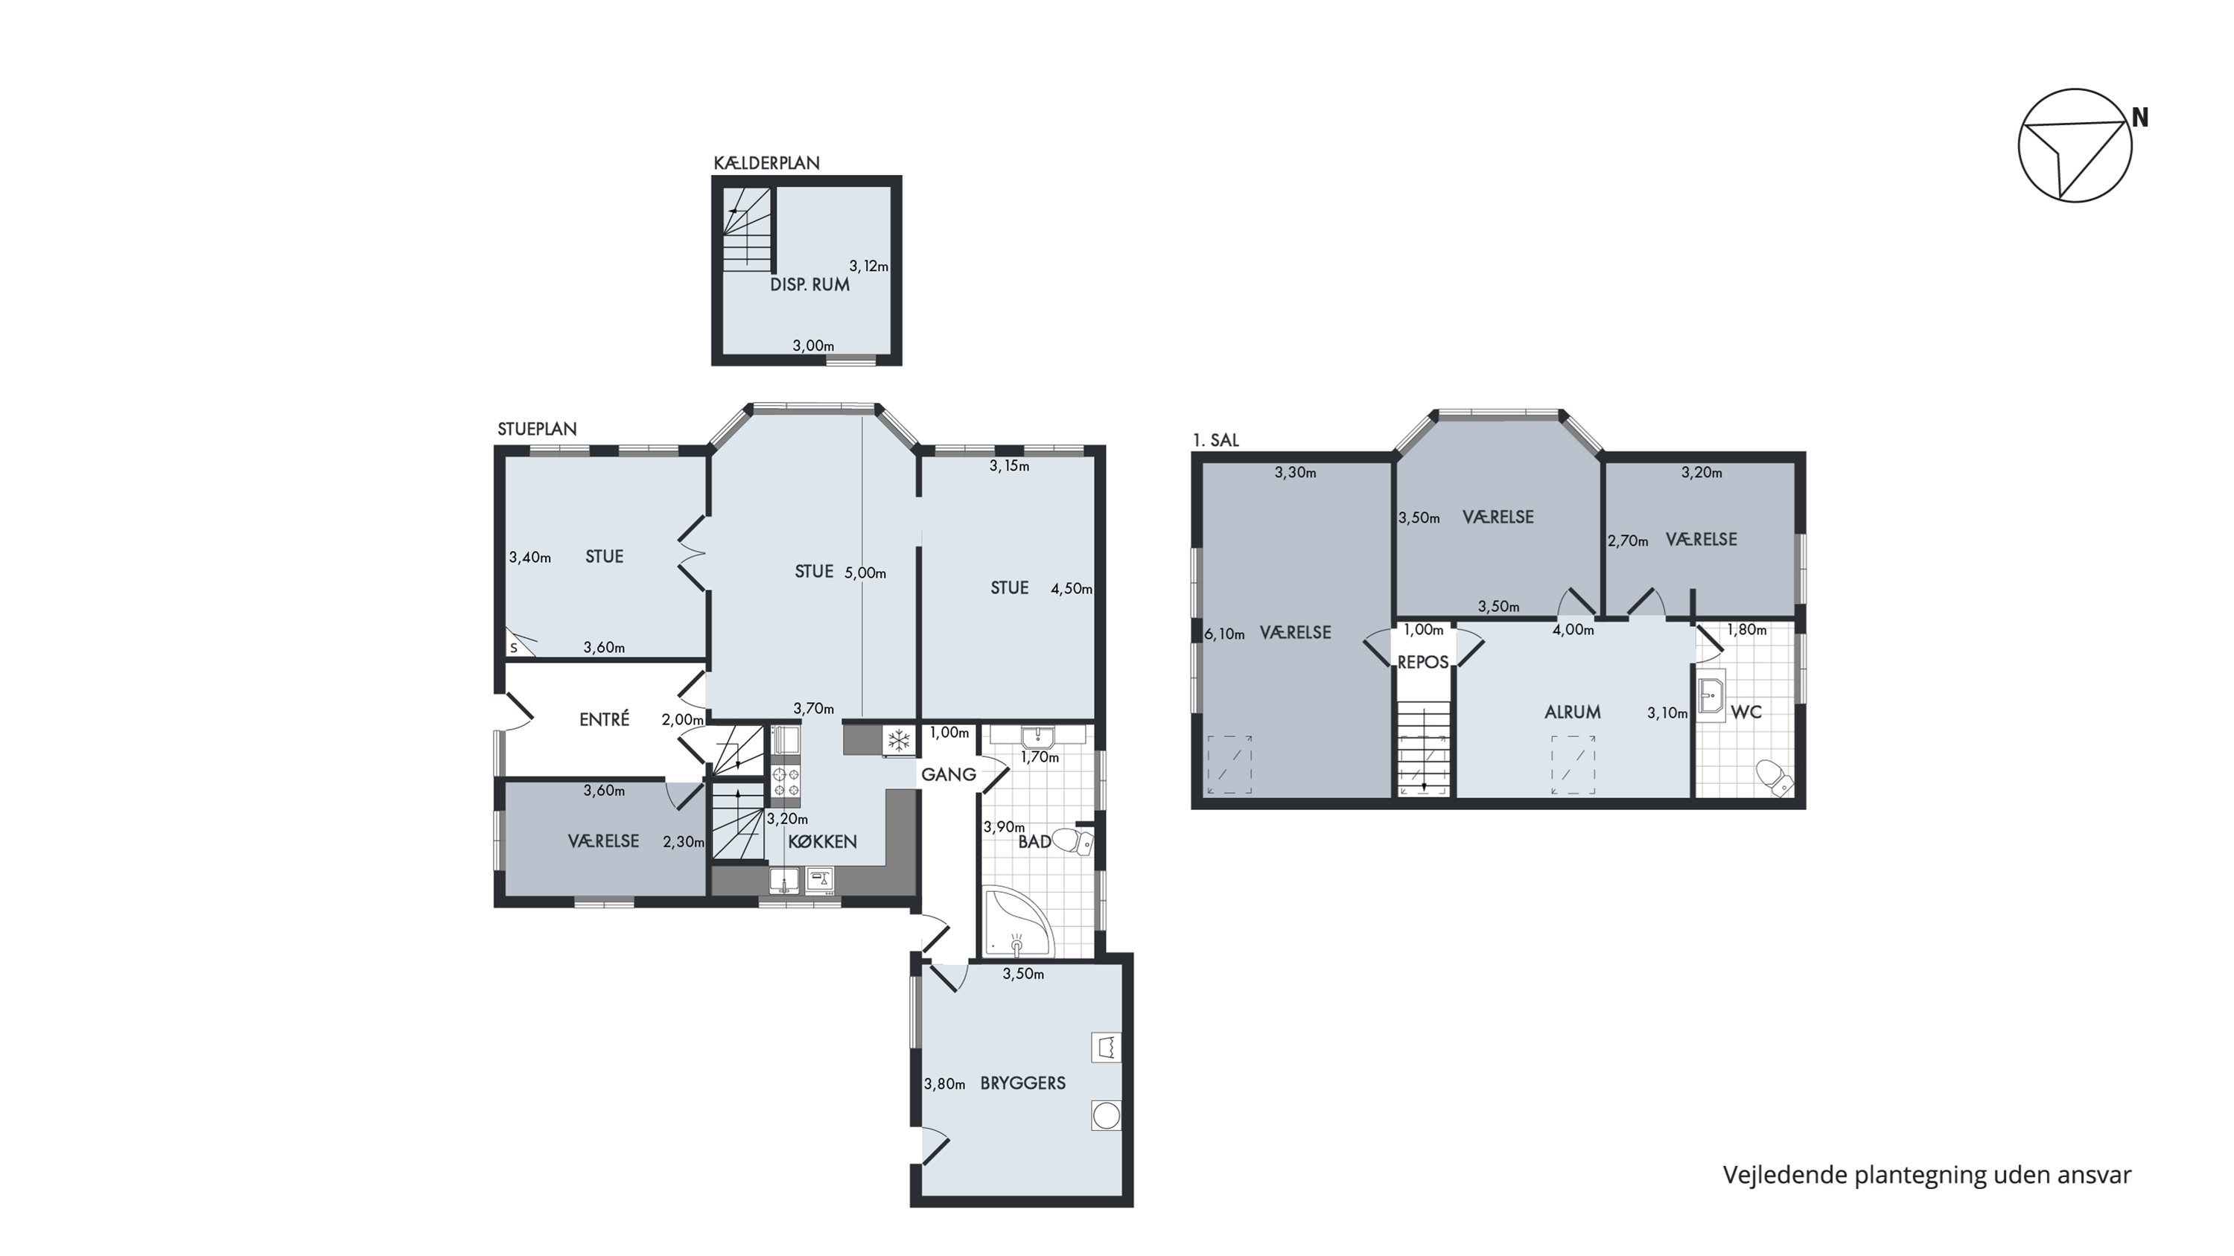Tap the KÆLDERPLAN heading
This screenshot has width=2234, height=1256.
[767, 163]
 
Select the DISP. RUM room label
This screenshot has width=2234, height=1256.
[810, 284]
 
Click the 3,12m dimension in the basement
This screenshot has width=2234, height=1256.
[869, 266]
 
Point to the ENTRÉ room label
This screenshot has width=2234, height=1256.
[605, 718]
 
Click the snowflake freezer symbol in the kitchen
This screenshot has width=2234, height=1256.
[900, 740]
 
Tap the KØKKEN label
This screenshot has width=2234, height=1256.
[822, 841]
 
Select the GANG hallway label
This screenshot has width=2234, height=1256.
[949, 774]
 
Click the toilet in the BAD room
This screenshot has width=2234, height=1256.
[1073, 841]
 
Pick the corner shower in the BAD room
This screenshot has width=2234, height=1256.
[1018, 922]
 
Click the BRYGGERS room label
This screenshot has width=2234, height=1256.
[1023, 1083]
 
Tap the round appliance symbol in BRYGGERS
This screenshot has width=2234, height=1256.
[1107, 1115]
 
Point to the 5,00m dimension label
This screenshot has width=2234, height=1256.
[865, 573]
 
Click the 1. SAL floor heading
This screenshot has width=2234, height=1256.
[1216, 440]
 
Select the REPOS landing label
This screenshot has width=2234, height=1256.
[1423, 662]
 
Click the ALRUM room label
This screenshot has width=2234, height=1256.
[1572, 712]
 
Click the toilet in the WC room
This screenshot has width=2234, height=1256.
[1775, 777]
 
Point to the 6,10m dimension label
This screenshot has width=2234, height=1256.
[1224, 634]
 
